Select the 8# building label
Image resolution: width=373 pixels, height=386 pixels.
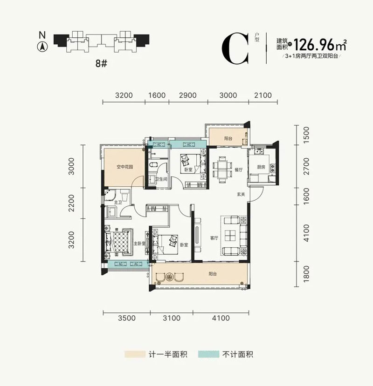tap(102, 64)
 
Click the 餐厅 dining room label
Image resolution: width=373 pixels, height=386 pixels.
tap(239, 170)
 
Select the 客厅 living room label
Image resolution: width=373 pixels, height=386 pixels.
tap(214, 238)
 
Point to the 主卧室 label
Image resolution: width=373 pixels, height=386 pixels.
tap(140, 244)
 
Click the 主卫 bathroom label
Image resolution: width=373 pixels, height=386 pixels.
tap(105, 202)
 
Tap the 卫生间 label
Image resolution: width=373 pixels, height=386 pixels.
tap(161, 179)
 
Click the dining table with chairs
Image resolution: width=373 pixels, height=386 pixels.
tap(221, 169)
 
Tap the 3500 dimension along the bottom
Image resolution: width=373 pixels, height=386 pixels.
tap(127, 319)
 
